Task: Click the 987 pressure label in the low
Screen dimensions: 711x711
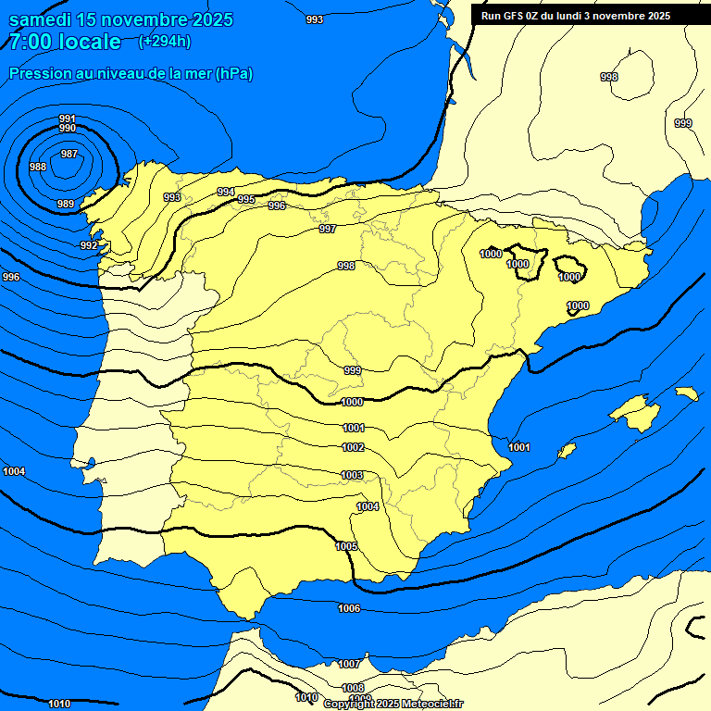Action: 69,154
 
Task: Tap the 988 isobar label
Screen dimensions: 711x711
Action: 38,167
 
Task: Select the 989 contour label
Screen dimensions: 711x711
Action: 66,204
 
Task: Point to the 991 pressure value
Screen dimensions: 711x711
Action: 68,118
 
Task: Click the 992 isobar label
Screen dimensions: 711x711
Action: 89,245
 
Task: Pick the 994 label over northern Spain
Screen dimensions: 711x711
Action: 226,192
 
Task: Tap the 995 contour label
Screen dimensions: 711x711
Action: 246,199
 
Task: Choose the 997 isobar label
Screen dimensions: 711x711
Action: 328,229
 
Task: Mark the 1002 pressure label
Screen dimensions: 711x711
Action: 353,447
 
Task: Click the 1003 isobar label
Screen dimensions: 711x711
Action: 352,475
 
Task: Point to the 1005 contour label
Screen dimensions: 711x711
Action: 346,546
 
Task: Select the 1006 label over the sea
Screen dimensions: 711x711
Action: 349,608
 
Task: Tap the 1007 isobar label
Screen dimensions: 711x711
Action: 348,664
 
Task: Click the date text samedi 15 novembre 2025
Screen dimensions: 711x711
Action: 121,19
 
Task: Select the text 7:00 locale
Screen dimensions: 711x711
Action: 65,42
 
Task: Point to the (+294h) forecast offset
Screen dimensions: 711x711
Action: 165,41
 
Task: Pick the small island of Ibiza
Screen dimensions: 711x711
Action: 567,451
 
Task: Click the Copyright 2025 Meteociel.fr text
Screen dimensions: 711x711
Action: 393,705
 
